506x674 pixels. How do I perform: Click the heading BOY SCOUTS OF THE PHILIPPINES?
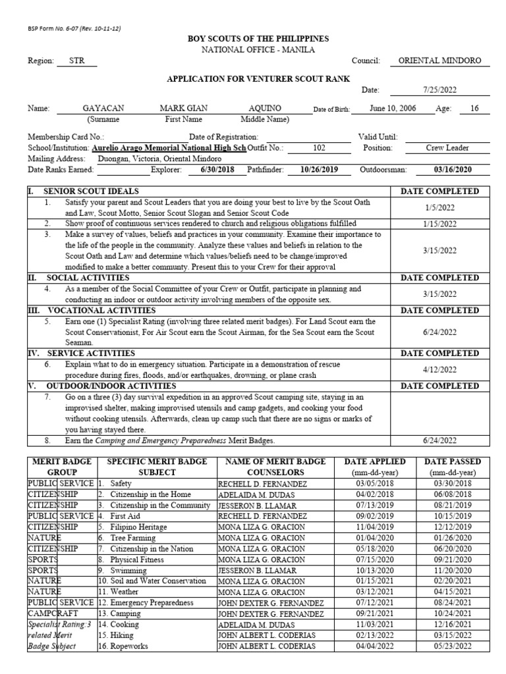[258, 39]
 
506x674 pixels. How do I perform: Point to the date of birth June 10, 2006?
[393, 108]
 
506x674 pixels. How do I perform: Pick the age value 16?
[474, 108]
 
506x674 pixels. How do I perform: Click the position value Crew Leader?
[447, 148]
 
